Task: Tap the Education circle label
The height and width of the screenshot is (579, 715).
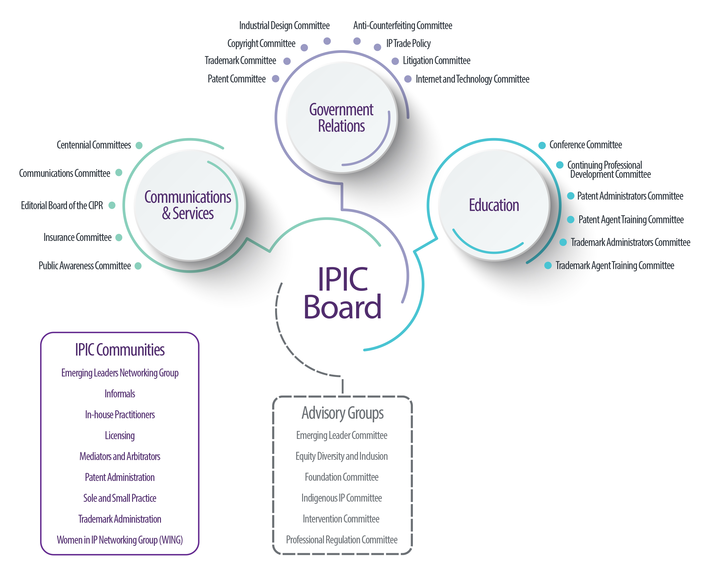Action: (494, 205)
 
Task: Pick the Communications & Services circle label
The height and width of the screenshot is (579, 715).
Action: (188, 205)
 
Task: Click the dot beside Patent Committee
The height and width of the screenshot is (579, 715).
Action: (275, 79)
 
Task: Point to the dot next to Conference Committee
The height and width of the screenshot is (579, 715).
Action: (542, 145)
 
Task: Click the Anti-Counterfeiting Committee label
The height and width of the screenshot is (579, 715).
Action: (402, 26)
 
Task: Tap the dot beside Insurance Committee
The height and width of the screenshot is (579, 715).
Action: (119, 238)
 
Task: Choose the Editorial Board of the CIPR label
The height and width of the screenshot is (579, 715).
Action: (62, 205)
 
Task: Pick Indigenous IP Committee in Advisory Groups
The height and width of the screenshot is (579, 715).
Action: (341, 498)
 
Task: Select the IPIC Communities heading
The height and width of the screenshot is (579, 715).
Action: (120, 350)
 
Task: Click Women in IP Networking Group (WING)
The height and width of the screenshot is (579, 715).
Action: (120, 540)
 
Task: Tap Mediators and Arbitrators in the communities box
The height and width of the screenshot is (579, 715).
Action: (120, 456)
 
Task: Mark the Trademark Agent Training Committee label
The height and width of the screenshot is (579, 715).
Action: (614, 266)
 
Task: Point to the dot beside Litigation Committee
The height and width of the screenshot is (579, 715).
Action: (395, 61)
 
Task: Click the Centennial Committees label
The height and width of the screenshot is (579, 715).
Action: (94, 145)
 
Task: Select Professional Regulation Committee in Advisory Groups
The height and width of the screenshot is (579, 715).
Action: (341, 540)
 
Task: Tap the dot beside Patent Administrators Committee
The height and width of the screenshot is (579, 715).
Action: (571, 196)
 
